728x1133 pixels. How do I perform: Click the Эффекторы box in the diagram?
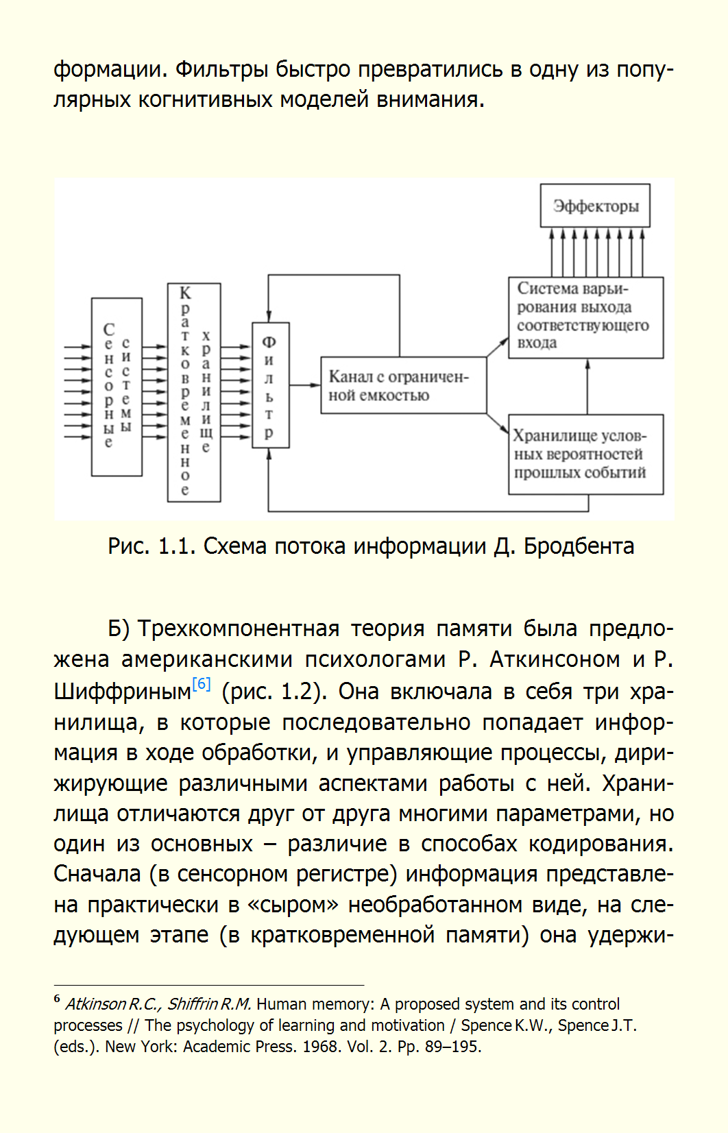pos(595,206)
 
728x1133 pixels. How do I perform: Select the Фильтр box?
pos(270,385)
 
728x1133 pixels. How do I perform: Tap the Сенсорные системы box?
pos(117,387)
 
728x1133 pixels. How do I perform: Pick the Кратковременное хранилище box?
pos(194,392)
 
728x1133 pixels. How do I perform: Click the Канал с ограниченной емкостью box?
pos(404,385)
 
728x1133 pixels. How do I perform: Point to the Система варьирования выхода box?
pos(585,317)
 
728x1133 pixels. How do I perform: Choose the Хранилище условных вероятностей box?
pos(585,454)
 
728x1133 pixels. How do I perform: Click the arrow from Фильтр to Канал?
pos(305,385)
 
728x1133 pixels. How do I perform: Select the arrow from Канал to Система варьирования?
pos(498,347)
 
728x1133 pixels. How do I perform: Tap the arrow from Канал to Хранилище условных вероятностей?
pos(498,423)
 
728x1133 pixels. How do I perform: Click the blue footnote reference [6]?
pos(202,684)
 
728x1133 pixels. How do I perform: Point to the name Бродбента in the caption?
pos(579,546)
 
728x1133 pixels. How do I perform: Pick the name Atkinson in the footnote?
pos(96,1004)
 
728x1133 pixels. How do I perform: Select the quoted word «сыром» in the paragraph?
pos(293,905)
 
